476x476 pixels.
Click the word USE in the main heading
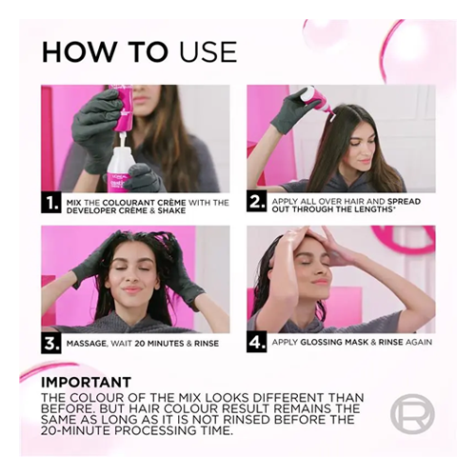click(208, 51)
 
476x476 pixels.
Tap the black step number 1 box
click(50, 204)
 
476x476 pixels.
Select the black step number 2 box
click(256, 203)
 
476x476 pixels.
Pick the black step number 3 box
click(50, 344)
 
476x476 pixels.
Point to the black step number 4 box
click(256, 343)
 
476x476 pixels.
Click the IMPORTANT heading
click(86, 382)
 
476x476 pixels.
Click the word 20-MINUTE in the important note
click(75, 431)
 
